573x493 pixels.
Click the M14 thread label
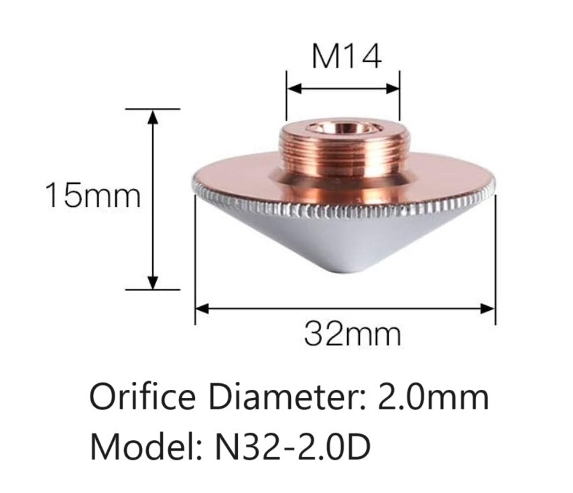[x=346, y=58]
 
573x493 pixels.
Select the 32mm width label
[x=353, y=333]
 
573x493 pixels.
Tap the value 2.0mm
[x=433, y=399]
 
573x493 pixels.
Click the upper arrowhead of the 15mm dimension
[x=153, y=115]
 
